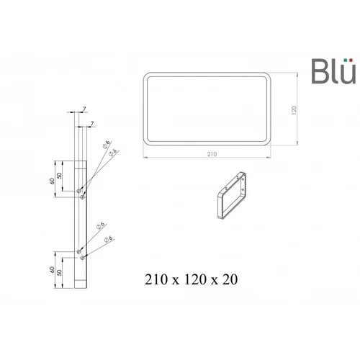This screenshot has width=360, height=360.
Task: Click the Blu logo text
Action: (333, 71)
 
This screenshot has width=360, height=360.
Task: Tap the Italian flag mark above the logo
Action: (348, 60)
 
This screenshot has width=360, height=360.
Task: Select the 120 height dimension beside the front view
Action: (294, 110)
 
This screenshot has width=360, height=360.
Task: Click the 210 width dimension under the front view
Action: (212, 154)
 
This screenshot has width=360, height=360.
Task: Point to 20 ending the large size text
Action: (230, 279)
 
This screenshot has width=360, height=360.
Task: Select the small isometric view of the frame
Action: (232, 195)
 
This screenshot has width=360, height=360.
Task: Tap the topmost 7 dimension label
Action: (84, 109)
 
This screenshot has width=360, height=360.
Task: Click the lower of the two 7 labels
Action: (92, 124)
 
